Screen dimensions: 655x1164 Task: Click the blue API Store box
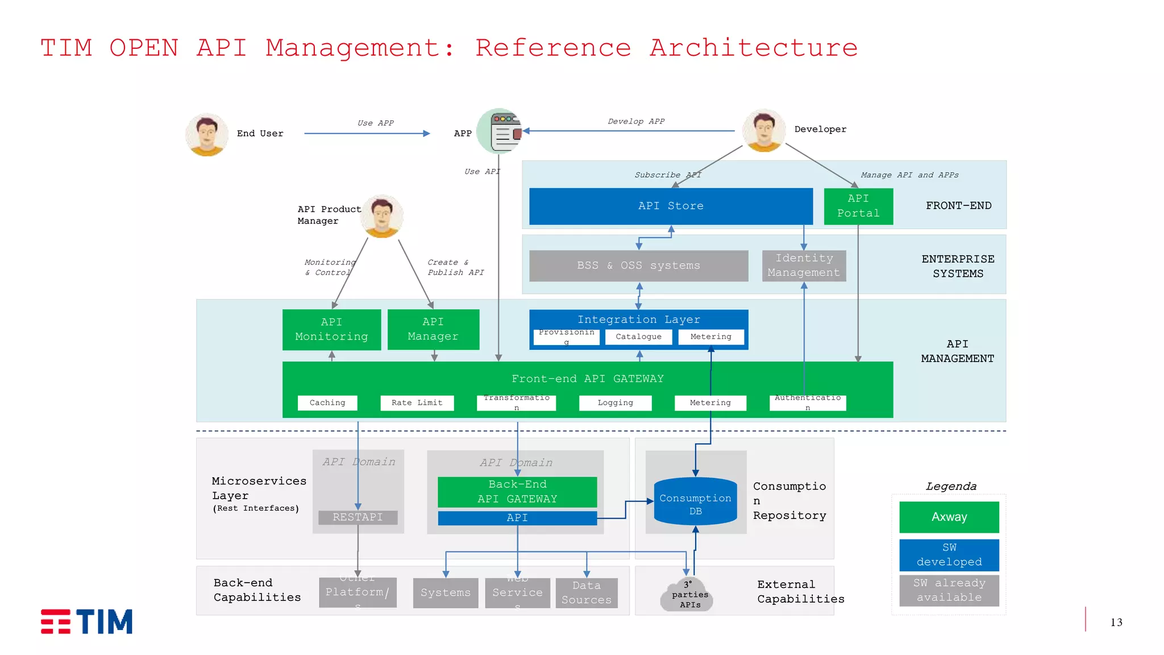tap(671, 206)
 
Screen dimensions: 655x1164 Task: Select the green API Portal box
tap(858, 206)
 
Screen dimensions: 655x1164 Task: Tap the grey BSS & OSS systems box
tap(638, 266)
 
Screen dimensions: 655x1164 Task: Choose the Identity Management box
tap(804, 266)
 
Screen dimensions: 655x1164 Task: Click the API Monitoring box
tap(331, 329)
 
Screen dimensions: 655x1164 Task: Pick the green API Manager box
tap(433, 329)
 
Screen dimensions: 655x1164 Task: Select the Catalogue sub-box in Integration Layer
tap(638, 337)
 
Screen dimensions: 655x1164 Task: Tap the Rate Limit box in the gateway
tap(417, 403)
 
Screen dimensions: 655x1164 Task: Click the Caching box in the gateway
tap(327, 403)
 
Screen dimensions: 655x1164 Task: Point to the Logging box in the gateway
tap(615, 403)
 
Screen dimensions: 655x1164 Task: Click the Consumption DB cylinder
tap(695, 503)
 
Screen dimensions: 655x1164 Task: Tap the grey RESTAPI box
tap(357, 517)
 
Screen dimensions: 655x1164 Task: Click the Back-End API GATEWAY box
tap(517, 492)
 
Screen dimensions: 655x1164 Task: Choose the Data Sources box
tap(586, 593)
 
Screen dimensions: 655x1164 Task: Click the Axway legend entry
tap(949, 517)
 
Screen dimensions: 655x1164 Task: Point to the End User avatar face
tap(207, 134)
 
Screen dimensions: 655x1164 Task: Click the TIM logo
tap(87, 621)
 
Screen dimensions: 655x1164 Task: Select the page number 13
tap(1116, 622)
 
